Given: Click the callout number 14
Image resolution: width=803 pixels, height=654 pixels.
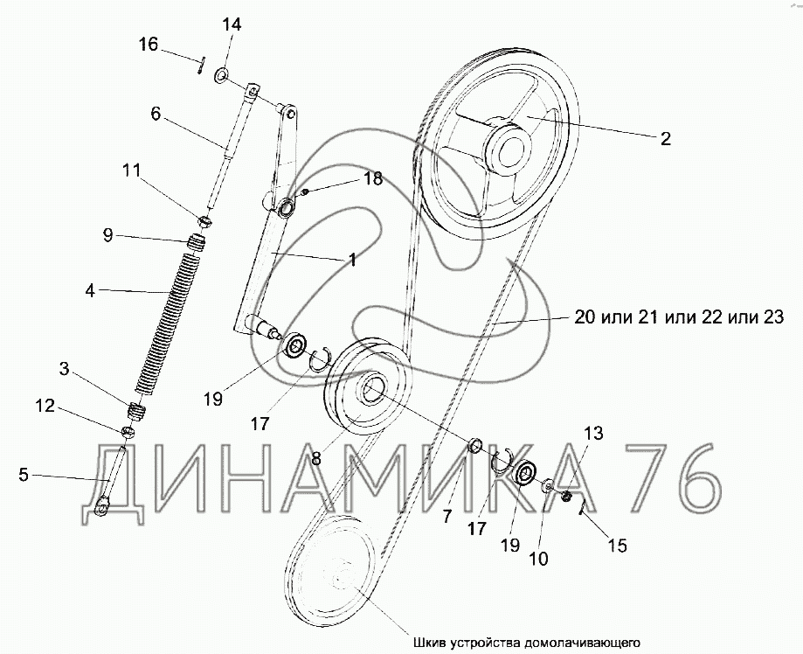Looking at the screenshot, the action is click(232, 25).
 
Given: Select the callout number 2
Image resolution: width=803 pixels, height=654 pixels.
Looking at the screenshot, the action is click(665, 138).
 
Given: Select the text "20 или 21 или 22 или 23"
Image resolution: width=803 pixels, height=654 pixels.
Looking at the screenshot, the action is click(679, 317).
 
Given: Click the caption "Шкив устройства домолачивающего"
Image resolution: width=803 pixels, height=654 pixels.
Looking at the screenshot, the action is click(527, 643).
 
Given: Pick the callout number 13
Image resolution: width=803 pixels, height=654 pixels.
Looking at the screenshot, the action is click(593, 434).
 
